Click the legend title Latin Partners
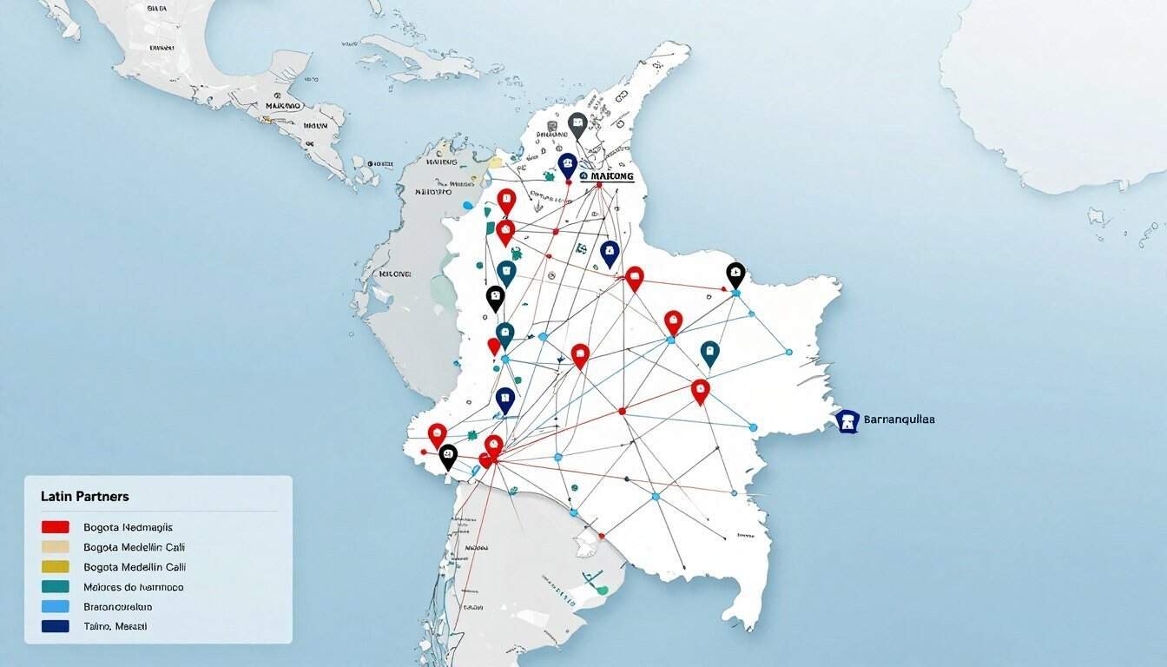[x=84, y=496]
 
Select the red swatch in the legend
[x=55, y=527]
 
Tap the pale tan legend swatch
[x=55, y=547]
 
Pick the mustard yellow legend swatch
[x=55, y=567]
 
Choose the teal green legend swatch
[x=55, y=587]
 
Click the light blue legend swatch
[x=55, y=607]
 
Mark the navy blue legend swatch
[x=55, y=626]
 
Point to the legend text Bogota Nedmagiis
[x=128, y=527]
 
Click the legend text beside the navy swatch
[x=115, y=626]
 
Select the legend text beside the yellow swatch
[x=134, y=567]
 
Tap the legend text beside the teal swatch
[x=133, y=587]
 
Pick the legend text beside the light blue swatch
[x=117, y=607]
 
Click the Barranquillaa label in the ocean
[x=900, y=419]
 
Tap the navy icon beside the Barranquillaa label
[x=847, y=421]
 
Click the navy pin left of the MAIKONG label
[x=567, y=164]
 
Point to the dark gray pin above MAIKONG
[x=577, y=124]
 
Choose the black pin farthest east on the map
[x=735, y=274]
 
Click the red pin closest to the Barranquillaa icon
[x=701, y=390]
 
